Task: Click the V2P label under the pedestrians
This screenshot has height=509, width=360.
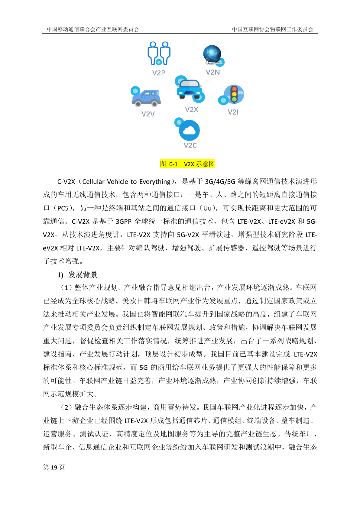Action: pyautogui.click(x=159, y=73)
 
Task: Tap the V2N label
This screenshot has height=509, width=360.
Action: pyautogui.click(x=213, y=72)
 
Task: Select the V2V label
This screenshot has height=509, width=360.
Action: pyautogui.click(x=148, y=114)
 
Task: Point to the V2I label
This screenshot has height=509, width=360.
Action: pyautogui.click(x=233, y=112)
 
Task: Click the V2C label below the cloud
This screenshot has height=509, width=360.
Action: pyautogui.click(x=190, y=145)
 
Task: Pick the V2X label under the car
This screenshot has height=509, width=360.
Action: pyautogui.click(x=191, y=110)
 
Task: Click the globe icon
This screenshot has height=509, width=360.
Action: pyautogui.click(x=212, y=55)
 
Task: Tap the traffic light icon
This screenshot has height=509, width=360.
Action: pyautogui.click(x=234, y=94)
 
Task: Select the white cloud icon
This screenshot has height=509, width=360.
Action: pyautogui.click(x=189, y=130)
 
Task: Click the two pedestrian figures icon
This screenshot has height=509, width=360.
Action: pyautogui.click(x=159, y=53)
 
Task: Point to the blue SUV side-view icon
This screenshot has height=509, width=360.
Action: pyautogui.click(x=146, y=97)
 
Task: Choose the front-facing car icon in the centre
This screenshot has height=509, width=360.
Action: pyautogui.click(x=189, y=88)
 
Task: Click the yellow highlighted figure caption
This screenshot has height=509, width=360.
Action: pyautogui.click(x=187, y=164)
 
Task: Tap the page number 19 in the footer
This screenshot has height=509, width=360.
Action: pyautogui.click(x=54, y=467)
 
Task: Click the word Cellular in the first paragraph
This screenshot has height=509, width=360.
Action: pyautogui.click(x=93, y=182)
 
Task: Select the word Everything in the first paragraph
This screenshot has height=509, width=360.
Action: pyautogui.click(x=155, y=182)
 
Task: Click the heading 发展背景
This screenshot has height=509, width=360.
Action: pyautogui.click(x=83, y=275)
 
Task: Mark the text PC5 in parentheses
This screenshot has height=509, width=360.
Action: pyautogui.click(x=63, y=208)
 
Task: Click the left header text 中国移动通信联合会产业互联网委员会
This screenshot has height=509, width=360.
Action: pyautogui.click(x=93, y=29)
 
